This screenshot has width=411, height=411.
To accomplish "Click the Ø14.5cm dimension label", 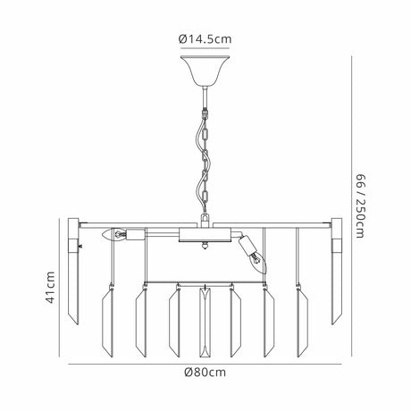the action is pos(205,39).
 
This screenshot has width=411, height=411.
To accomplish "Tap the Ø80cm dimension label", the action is pos(205,373).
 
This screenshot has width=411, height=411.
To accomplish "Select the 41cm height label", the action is pos(50,288).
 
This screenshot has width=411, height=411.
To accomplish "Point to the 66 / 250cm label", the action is pos(360,206).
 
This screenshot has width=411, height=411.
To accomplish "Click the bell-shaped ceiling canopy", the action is pos(205,70).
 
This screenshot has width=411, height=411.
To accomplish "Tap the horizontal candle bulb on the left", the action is pos(114,235).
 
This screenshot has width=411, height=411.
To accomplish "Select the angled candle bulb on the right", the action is pos(258,262).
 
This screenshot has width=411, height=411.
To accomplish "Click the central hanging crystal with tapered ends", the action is pos(205,323).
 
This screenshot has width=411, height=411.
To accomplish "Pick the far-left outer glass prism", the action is pos(73,271).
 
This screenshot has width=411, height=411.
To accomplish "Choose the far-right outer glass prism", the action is pos(337,271).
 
